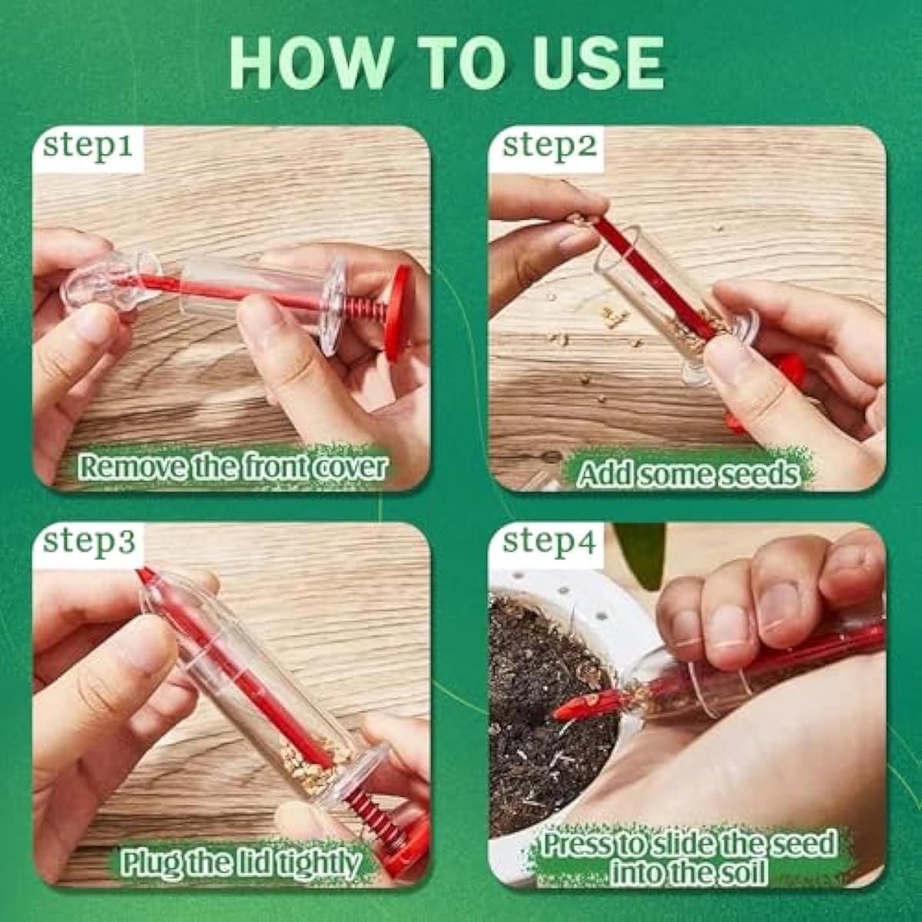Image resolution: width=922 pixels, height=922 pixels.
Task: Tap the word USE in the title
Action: coord(592,61)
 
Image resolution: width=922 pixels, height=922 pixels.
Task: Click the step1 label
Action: coord(87,146)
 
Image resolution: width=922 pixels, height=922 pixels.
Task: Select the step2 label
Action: coord(549,146)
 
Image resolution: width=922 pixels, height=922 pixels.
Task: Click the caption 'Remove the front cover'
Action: coord(231,466)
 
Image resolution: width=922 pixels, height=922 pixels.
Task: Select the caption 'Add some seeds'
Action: coord(686,474)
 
